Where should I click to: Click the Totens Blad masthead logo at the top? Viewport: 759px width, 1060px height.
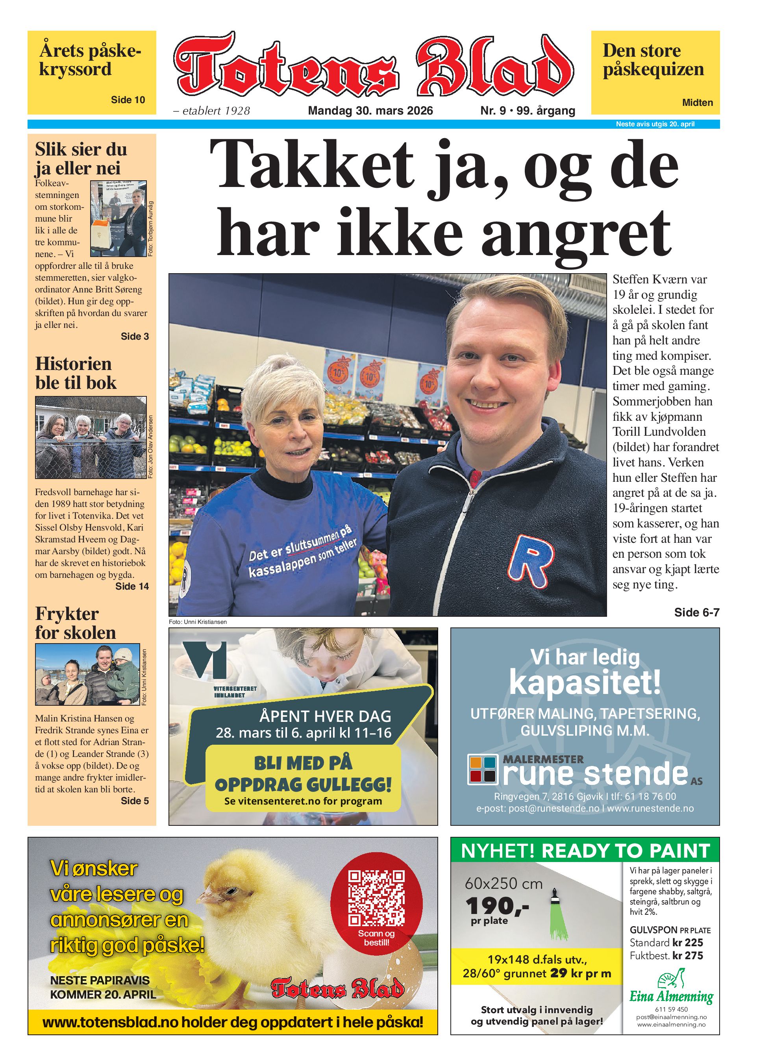tap(373, 65)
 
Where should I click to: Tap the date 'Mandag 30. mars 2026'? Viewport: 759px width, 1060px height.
tap(370, 111)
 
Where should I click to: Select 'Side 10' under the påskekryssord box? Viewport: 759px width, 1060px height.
tap(128, 100)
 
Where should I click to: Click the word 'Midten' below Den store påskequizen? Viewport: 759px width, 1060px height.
tap(697, 102)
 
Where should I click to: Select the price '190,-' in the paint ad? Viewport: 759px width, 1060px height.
tap(497, 907)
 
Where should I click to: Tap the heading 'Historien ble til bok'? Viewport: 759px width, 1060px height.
tap(75, 373)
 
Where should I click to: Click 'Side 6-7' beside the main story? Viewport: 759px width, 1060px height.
tap(696, 612)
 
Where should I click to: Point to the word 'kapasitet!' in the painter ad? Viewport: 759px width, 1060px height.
tap(585, 683)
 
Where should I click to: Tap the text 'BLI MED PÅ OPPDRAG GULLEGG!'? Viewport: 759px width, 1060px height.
tap(303, 774)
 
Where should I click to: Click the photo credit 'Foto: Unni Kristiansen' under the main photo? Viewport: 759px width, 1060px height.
tap(198, 622)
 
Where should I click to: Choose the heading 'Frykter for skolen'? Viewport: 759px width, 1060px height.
tap(75, 623)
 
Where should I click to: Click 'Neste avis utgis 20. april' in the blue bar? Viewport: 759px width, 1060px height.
tap(655, 124)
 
